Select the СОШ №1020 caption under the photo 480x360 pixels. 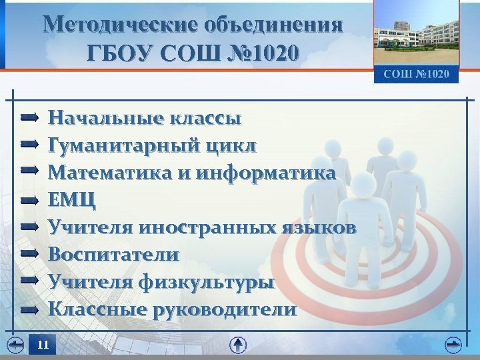(x=416, y=73)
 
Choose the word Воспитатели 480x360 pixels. (x=114, y=255)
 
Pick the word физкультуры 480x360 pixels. (x=206, y=282)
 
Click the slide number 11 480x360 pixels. (x=43, y=345)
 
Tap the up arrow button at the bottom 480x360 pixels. (x=238, y=345)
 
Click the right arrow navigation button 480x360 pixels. (x=453, y=345)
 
